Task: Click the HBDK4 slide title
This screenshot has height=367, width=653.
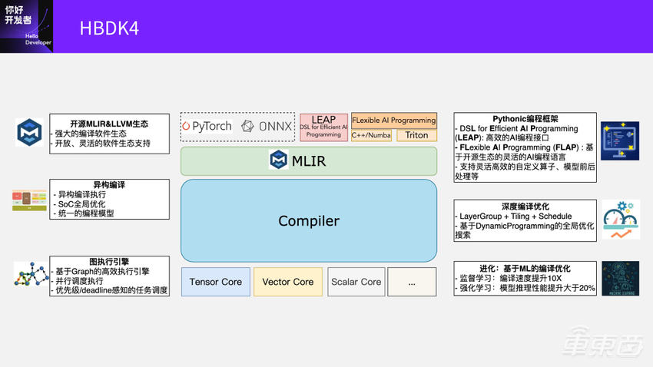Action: [x=109, y=28]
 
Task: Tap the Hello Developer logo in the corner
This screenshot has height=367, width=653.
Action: [x=26, y=26]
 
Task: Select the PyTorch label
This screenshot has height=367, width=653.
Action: [x=207, y=126]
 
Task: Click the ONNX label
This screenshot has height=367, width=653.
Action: [x=267, y=126]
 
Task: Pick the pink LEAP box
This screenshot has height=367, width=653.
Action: [x=323, y=127]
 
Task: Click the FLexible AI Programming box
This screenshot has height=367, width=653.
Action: [x=394, y=120]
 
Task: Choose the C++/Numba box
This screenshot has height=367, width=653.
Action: [x=371, y=135]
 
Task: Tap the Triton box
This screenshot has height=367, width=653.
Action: [x=416, y=135]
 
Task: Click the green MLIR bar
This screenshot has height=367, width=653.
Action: [x=308, y=161]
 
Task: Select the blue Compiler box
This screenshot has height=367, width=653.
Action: [x=308, y=221]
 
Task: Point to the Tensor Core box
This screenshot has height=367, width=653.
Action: [x=215, y=282]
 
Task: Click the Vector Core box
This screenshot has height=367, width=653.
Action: [x=287, y=282]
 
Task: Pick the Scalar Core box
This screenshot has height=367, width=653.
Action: [x=356, y=282]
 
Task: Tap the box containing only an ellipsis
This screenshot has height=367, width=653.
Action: [x=412, y=282]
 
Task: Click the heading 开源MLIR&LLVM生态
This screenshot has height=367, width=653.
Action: [x=109, y=123]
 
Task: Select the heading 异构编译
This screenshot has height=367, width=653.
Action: [x=109, y=185]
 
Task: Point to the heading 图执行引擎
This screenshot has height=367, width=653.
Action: [x=109, y=262]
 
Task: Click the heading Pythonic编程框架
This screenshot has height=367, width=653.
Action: [x=525, y=119]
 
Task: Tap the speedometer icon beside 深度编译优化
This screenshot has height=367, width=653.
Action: [x=620, y=220]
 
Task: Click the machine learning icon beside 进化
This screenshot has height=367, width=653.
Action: [x=620, y=278]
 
